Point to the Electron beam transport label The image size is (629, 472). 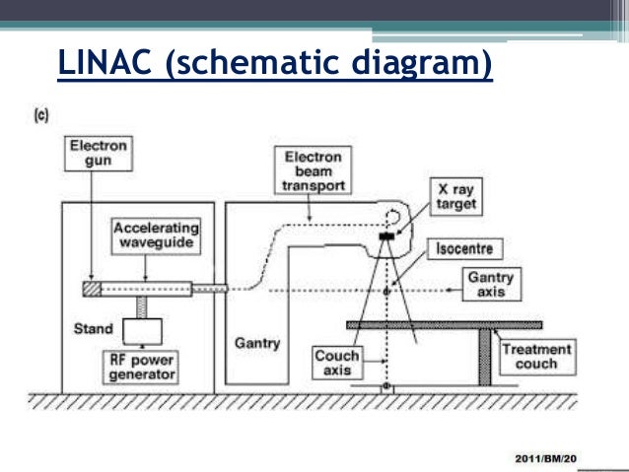click(314, 171)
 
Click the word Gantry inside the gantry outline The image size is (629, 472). click(257, 344)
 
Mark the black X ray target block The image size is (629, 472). click(386, 236)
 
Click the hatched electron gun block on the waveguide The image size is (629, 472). click(92, 289)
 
